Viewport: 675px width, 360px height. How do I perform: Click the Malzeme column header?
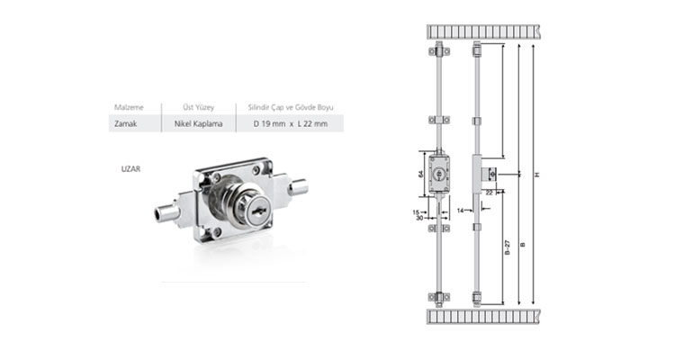pos(129,107)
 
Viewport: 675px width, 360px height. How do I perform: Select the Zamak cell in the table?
pos(125,123)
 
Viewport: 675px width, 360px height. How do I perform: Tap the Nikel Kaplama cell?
pos(199,123)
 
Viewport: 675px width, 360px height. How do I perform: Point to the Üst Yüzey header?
pos(199,107)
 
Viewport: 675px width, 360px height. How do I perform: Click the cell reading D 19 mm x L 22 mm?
pos(290,123)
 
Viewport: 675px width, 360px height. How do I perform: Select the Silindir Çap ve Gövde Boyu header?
pos(291,107)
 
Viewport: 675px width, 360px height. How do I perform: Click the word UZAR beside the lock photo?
pos(130,169)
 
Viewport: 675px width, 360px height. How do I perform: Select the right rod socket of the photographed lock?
pos(298,187)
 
